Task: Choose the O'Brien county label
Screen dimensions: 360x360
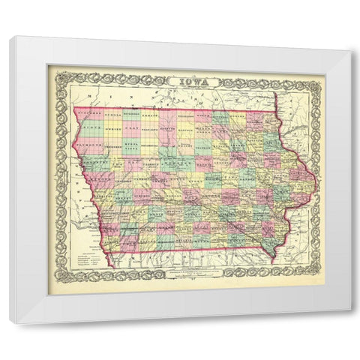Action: point(112,129)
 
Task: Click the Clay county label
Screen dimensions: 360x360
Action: point(131,129)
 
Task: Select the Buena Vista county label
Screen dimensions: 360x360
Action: point(131,145)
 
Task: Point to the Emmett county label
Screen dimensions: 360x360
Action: point(148,116)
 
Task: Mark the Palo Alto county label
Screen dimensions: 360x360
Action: point(148,129)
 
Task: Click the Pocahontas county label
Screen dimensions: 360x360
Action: point(148,145)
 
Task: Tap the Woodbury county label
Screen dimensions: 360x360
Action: point(94,161)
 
